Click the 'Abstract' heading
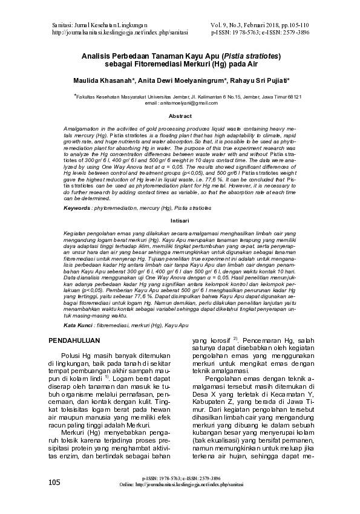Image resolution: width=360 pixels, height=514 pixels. (180, 115)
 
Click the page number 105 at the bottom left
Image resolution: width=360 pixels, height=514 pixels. (54, 499)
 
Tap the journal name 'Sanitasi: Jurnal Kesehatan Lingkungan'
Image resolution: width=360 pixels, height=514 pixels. (102, 24)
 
